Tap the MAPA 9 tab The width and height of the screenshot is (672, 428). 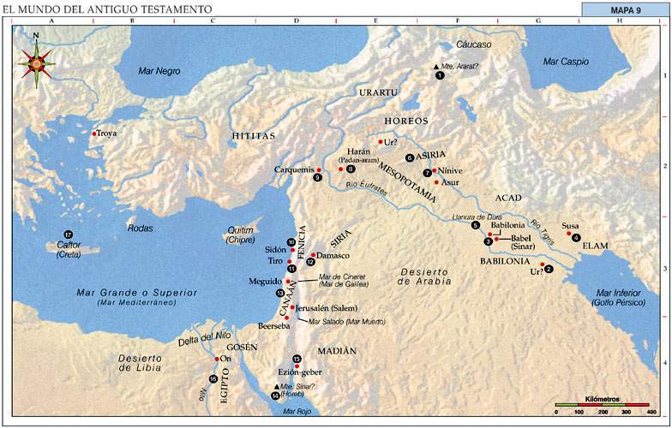(626, 10)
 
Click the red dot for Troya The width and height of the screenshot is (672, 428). (94, 134)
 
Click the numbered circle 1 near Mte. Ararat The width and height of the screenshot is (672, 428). (440, 75)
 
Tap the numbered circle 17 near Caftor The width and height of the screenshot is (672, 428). (68, 235)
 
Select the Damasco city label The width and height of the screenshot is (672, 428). (335, 255)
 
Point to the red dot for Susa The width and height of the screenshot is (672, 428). (568, 233)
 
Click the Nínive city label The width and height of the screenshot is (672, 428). (453, 171)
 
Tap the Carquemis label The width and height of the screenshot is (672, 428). (293, 169)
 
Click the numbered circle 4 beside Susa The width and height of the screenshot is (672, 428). (577, 237)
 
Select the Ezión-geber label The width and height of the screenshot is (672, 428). (298, 373)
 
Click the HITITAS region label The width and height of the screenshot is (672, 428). (253, 136)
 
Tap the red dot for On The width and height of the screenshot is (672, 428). (218, 359)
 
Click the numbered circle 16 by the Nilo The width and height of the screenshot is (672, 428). (213, 378)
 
